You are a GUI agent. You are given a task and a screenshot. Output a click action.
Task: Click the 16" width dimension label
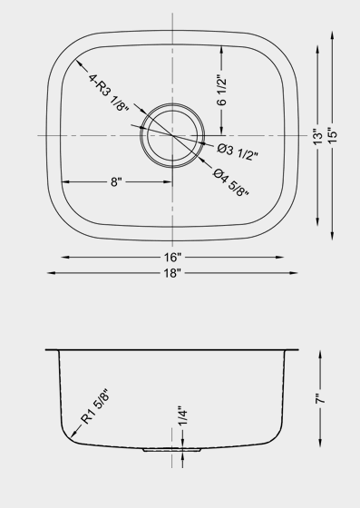coord(172,258)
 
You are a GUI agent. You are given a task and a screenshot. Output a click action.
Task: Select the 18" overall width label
coord(172,273)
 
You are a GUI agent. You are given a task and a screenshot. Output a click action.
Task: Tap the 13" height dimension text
coord(318,137)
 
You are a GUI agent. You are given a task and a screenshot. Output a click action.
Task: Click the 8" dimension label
coord(116,182)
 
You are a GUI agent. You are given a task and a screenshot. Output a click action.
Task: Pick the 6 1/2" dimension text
coord(222,91)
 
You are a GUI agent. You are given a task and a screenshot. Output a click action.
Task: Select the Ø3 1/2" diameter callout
coord(238,151)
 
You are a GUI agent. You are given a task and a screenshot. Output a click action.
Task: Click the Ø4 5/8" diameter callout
coord(231,182)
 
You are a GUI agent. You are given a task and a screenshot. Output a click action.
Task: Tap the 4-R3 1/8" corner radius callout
coord(108,93)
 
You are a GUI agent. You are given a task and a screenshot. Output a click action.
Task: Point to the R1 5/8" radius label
coord(95,406)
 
